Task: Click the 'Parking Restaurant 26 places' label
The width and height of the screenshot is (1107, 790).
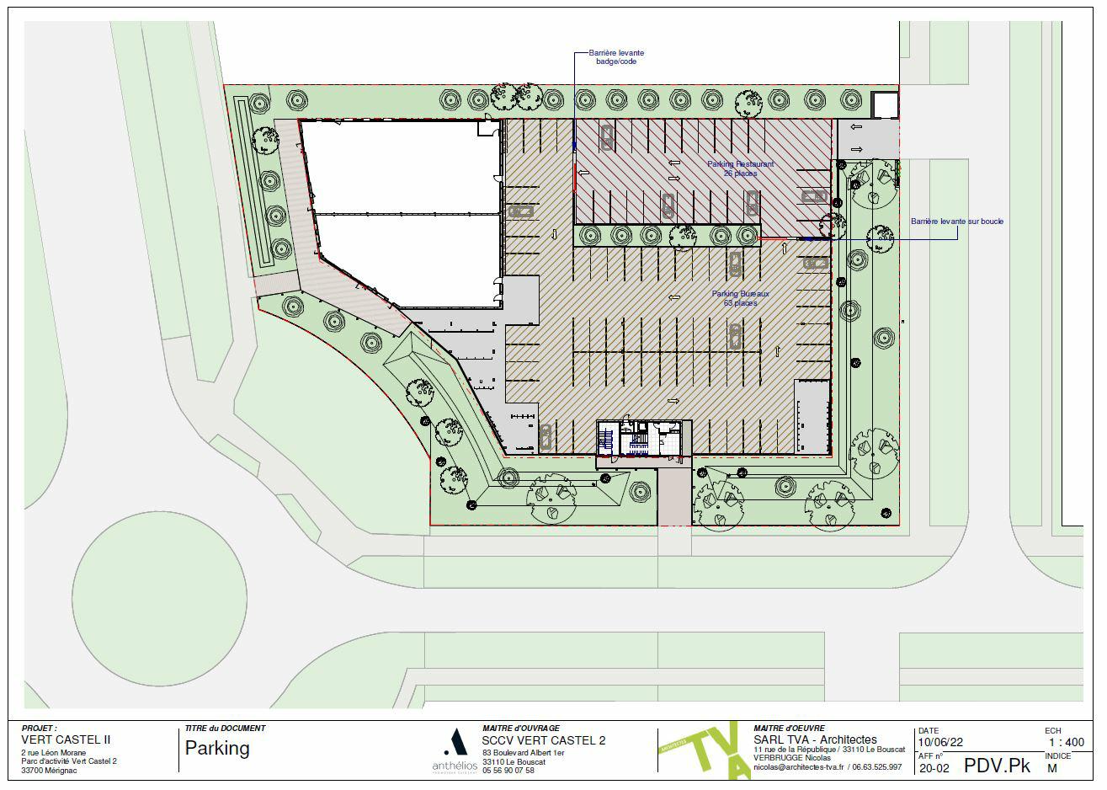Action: coord(740,168)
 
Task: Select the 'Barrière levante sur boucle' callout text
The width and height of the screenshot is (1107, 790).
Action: coord(956,222)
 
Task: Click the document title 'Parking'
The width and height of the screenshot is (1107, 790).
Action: coord(217,748)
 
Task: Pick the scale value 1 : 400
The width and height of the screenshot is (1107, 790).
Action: coord(1066,743)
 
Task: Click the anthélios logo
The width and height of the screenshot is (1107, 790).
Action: coord(454,751)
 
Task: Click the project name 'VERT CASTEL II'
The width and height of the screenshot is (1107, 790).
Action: coord(65,740)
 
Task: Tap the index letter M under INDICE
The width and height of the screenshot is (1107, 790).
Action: coord(1051,767)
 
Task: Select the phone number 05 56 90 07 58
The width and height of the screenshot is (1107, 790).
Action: coord(508,771)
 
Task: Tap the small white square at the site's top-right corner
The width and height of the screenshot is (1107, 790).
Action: coord(885,105)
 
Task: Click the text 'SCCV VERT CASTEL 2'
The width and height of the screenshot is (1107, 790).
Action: coord(543,740)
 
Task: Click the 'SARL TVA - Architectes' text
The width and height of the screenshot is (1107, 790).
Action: coord(815,739)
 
